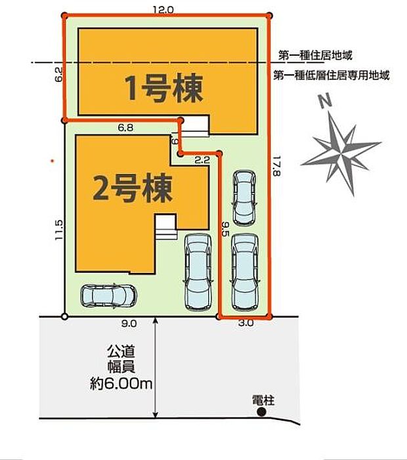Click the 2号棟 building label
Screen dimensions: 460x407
(133, 189)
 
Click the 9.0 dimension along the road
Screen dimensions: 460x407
(128, 323)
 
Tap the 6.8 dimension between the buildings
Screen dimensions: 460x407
(125, 129)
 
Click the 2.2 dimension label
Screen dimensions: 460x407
(202, 159)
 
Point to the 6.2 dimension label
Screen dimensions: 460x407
(58, 75)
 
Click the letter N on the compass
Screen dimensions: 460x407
(323, 102)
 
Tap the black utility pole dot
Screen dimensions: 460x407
(261, 412)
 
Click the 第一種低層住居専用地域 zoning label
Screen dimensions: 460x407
(332, 75)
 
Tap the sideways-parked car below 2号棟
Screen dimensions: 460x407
(108, 296)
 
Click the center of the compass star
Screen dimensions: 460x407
(342, 152)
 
